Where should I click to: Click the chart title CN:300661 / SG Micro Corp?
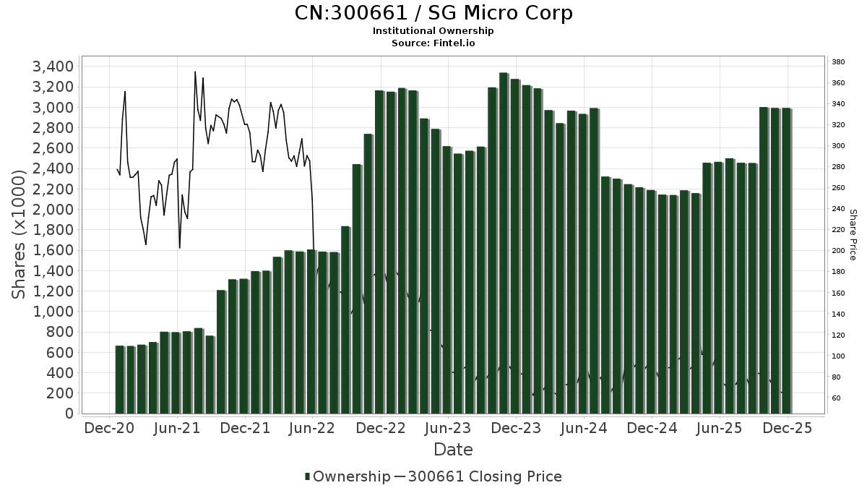(x=433, y=13)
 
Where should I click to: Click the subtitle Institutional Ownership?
(x=433, y=31)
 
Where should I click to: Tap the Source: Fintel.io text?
(x=433, y=43)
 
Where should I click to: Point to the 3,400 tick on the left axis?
(x=53, y=67)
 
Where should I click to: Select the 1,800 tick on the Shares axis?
(x=53, y=230)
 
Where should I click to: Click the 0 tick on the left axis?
(x=69, y=414)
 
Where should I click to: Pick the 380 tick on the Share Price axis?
(x=839, y=62)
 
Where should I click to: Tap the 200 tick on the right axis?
(x=839, y=251)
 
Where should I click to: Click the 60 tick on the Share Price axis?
(x=837, y=398)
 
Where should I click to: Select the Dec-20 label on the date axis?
(x=109, y=428)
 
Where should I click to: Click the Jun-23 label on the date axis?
(x=448, y=428)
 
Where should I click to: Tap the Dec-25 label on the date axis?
(x=787, y=428)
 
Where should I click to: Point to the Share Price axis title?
(x=853, y=234)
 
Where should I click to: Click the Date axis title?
(x=453, y=450)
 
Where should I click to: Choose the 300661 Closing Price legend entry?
(x=484, y=476)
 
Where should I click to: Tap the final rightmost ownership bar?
(x=786, y=260)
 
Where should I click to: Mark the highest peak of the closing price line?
(x=195, y=72)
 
